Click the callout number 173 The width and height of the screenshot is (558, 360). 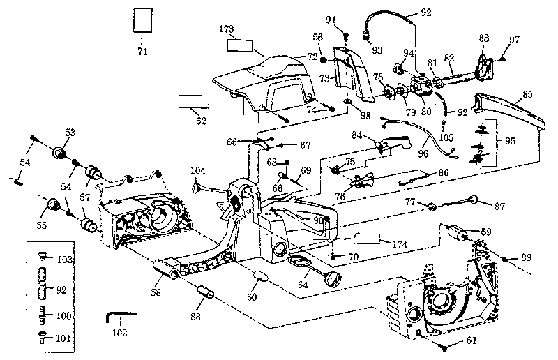click(x=226, y=29)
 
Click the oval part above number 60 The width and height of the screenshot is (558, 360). click(x=261, y=275)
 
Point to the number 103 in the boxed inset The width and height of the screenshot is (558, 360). click(x=64, y=259)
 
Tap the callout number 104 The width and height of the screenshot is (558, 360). click(x=198, y=170)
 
